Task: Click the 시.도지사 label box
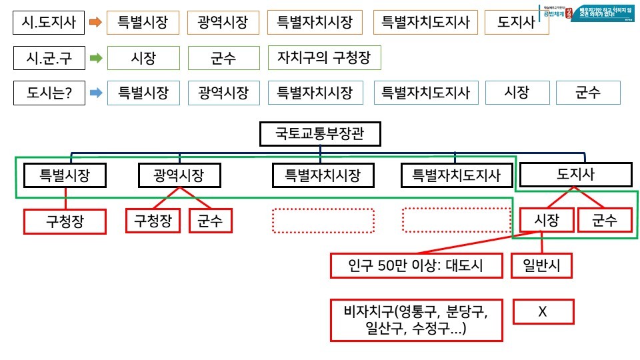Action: [49, 23]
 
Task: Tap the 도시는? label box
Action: [49, 93]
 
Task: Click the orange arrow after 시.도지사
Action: [95, 23]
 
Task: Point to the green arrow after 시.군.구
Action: [95, 58]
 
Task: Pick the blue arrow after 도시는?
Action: [95, 93]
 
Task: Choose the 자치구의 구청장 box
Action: [324, 58]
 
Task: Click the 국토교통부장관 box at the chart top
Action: [320, 135]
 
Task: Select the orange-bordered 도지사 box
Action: [516, 23]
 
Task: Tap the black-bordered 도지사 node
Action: [575, 175]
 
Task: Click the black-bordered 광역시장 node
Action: [179, 176]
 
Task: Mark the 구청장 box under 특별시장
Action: [65, 221]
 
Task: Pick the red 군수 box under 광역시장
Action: [210, 221]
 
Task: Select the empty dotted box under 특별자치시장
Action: [323, 221]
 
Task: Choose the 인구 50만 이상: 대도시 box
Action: [416, 266]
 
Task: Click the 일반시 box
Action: [542, 266]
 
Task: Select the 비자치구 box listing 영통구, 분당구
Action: [416, 320]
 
